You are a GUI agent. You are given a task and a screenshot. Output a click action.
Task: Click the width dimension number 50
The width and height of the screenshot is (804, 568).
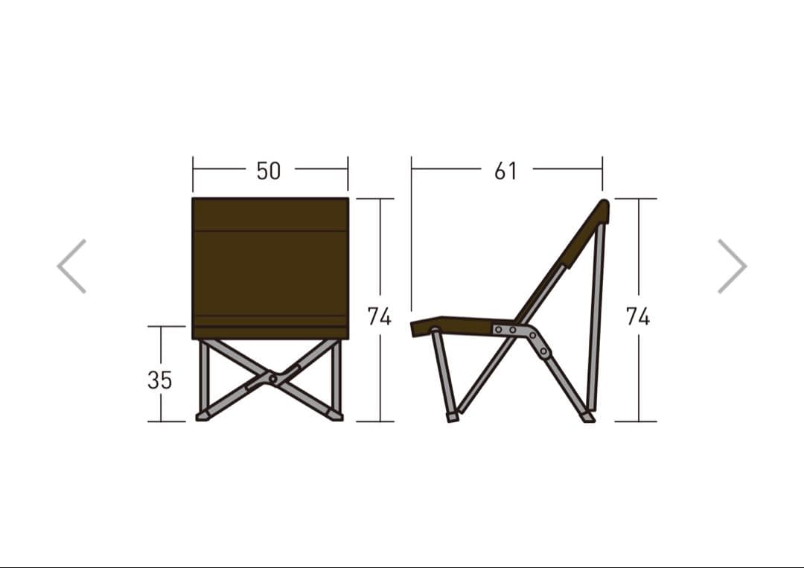point(269,170)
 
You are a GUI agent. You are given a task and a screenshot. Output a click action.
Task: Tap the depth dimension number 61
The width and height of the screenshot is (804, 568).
point(505,170)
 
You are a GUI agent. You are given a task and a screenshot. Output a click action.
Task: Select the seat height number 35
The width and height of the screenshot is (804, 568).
point(159,380)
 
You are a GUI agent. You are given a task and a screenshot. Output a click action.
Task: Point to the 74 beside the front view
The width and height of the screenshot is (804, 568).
point(380,316)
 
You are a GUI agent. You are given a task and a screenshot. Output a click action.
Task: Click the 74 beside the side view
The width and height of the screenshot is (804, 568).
point(638,316)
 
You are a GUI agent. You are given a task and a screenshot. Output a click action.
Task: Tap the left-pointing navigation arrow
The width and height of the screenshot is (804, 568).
point(71,266)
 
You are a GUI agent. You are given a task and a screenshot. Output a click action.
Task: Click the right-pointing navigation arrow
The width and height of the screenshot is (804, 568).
point(733,266)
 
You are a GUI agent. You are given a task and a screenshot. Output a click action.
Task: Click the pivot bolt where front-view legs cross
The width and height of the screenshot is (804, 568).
point(272,380)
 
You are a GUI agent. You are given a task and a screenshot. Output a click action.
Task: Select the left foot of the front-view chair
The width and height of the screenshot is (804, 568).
point(203,416)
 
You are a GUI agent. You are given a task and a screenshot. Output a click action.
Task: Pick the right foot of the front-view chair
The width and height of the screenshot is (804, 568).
point(336,416)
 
